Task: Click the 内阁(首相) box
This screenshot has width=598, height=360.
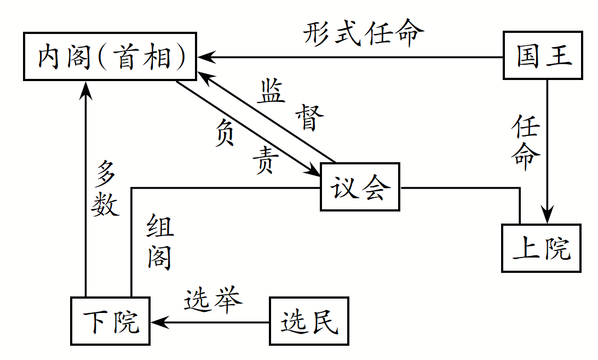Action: click(110, 57)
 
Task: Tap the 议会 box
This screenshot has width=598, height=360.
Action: click(360, 187)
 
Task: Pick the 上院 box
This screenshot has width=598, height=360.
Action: click(541, 248)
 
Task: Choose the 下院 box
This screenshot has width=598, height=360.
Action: click(111, 322)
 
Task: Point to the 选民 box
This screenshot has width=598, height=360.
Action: click(309, 322)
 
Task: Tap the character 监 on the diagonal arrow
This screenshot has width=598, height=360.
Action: click(272, 91)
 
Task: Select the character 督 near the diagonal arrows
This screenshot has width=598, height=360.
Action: click(309, 117)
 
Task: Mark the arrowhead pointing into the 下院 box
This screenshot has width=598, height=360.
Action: click(158, 322)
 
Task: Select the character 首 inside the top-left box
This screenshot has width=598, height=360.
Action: click(125, 57)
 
